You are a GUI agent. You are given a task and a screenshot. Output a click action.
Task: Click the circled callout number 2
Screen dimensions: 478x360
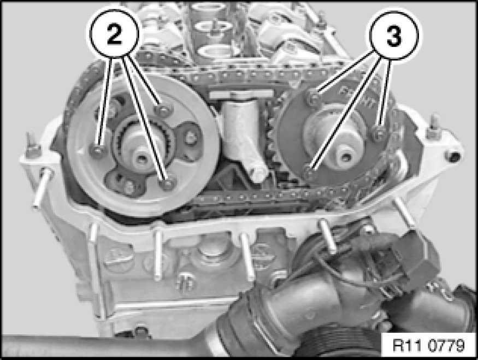pos(114,34)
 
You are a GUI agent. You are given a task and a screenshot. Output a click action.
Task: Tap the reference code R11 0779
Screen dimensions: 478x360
pos(428,345)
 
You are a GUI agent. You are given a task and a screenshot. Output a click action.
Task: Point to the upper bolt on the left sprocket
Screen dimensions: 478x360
pos(163,109)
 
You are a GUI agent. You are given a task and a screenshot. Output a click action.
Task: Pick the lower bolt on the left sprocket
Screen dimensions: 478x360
pos(167,183)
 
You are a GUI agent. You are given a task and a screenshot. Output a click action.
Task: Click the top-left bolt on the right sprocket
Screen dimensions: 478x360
pos(314,96)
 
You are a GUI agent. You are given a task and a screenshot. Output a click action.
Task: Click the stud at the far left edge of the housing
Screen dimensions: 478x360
pos(41,189)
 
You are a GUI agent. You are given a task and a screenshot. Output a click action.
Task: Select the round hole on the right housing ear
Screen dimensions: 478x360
pos(452,156)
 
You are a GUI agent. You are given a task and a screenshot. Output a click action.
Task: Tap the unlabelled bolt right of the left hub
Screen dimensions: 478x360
pos(191,138)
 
